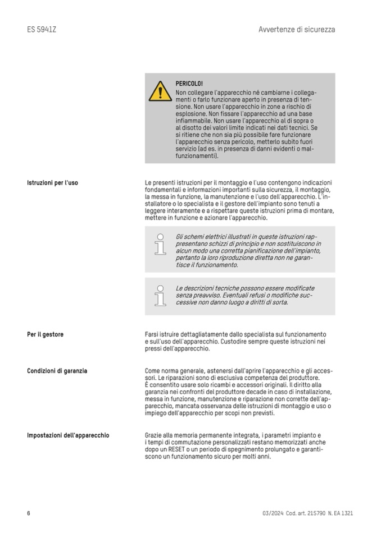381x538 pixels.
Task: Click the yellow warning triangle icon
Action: click(x=160, y=91)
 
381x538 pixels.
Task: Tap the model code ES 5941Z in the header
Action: click(x=41, y=29)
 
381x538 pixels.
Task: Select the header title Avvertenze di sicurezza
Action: click(x=297, y=29)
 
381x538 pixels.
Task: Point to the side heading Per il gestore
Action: click(x=45, y=334)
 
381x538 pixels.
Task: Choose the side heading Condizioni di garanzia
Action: click(x=57, y=371)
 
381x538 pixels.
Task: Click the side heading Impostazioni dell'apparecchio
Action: click(x=68, y=435)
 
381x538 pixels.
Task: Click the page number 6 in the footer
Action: click(x=29, y=513)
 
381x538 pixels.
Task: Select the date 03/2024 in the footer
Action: click(x=272, y=513)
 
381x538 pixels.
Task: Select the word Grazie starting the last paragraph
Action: click(x=154, y=435)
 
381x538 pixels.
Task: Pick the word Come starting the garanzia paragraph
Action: click(x=153, y=371)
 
